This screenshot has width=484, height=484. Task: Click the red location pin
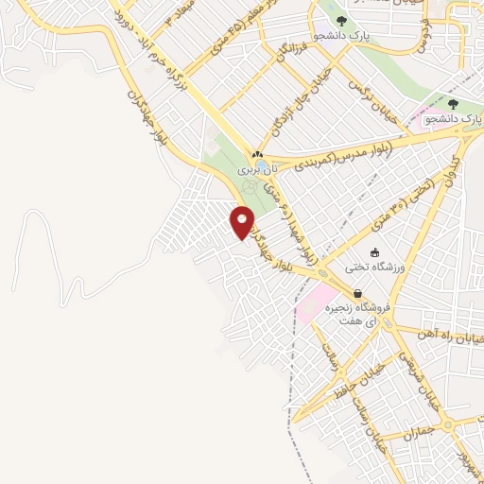(x=242, y=222)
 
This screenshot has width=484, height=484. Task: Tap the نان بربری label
(x=248, y=171)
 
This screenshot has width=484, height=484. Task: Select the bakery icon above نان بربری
(x=256, y=154)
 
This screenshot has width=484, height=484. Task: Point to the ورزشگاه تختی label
(x=403, y=267)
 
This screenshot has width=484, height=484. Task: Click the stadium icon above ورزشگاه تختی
(x=376, y=252)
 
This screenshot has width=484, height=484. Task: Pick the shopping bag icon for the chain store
(x=357, y=294)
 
